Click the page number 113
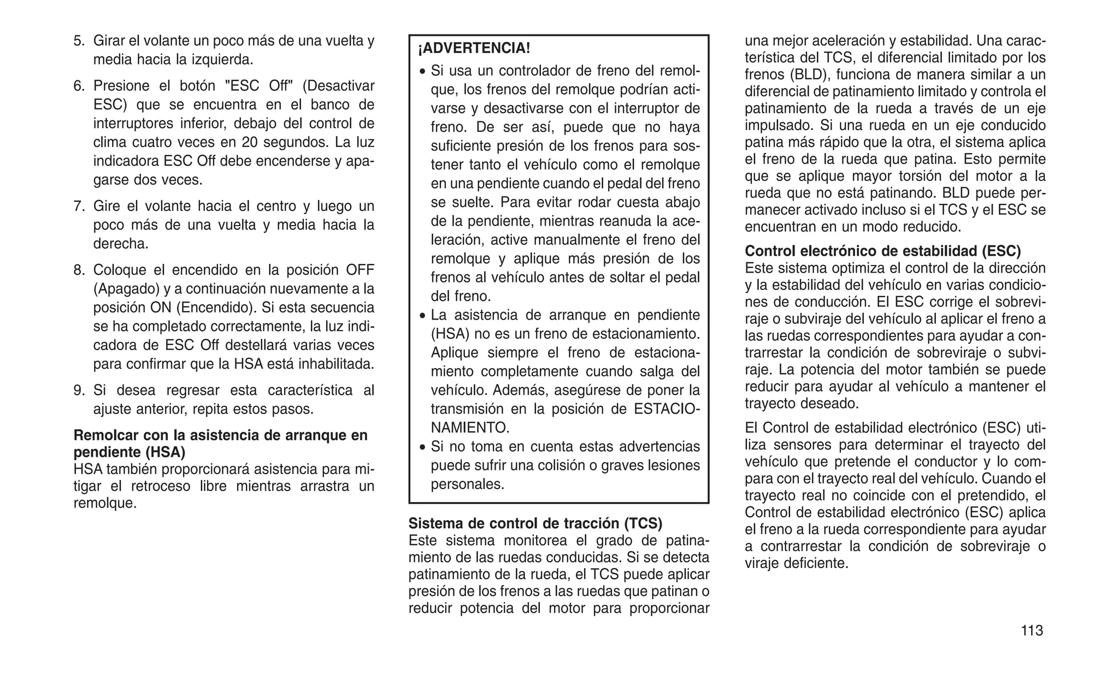[x=1032, y=630]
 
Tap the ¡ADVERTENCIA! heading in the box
[x=474, y=48]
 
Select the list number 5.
[x=79, y=40]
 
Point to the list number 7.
[x=79, y=206]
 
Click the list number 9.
[x=79, y=390]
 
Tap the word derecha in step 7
[x=120, y=244]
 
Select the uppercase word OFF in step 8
[x=360, y=270]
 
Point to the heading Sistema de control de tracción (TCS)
[x=535, y=523]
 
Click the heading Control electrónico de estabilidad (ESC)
[x=883, y=251]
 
